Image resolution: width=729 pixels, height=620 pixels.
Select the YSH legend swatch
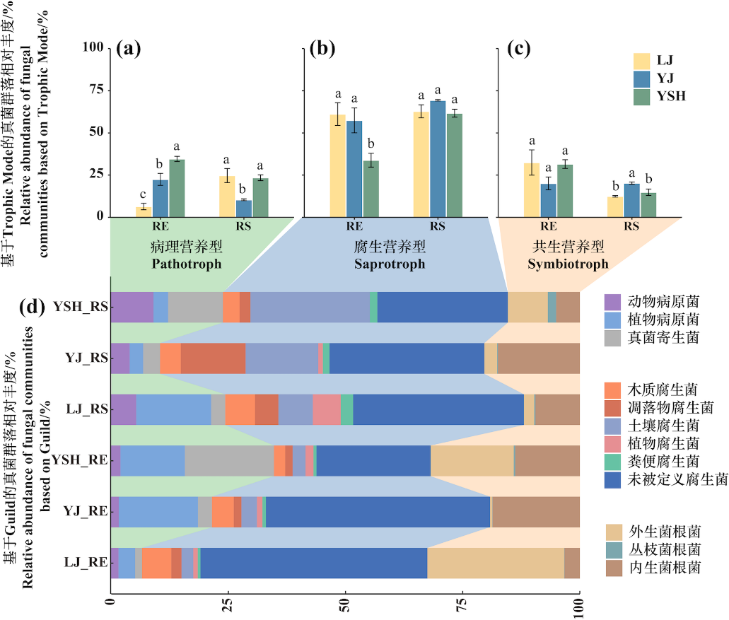point(642,96)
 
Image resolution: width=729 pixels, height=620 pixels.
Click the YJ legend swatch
point(642,78)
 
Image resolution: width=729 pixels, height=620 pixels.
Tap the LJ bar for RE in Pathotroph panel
point(144,211)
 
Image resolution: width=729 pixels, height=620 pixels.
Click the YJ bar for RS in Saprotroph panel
point(438,158)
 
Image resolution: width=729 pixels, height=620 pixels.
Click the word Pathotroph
point(187,264)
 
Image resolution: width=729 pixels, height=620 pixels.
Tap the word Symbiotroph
point(568,264)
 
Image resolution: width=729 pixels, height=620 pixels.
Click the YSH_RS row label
point(80,307)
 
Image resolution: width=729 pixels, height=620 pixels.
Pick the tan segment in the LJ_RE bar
point(495,563)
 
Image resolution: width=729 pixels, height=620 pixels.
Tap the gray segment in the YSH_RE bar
point(229,461)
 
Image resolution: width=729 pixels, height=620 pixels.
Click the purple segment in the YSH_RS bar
point(132,307)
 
